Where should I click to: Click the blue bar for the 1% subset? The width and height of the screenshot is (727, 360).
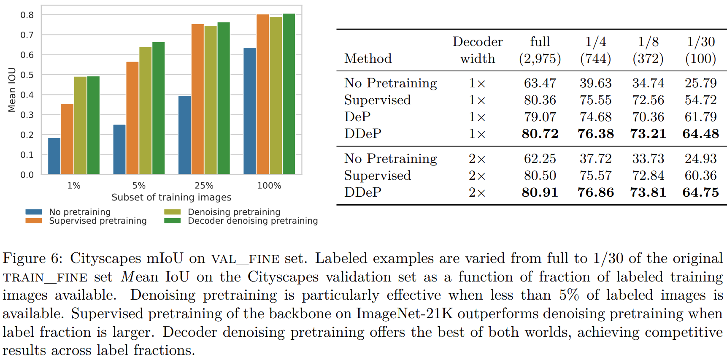[54, 156]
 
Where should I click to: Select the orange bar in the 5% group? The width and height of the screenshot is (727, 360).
[132, 118]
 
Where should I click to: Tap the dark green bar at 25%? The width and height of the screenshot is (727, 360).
[224, 98]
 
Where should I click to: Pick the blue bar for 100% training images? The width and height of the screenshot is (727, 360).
[250, 111]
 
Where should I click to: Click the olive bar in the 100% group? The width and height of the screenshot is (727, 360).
[276, 96]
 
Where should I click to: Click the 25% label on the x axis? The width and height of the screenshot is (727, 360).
[204, 186]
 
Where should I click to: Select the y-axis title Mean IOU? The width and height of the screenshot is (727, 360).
[12, 90]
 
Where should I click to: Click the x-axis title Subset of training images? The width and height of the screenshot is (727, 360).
[171, 198]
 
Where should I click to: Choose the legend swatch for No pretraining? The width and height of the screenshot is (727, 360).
[34, 212]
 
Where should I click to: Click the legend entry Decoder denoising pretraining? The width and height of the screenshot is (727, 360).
[252, 221]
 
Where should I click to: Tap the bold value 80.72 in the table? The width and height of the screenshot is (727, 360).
[540, 134]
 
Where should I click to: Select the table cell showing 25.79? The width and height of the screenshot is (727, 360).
[700, 83]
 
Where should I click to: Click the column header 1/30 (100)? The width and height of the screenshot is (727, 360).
[700, 50]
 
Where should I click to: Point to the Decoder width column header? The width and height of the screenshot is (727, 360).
[478, 50]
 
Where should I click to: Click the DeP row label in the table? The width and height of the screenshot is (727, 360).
[357, 117]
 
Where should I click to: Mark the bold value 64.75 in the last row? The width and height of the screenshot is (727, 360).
[700, 192]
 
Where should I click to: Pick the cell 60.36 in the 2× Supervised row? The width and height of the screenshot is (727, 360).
[700, 176]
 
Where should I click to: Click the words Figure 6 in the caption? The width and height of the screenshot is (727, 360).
[32, 258]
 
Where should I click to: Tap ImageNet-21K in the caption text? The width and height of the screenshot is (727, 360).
[405, 314]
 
